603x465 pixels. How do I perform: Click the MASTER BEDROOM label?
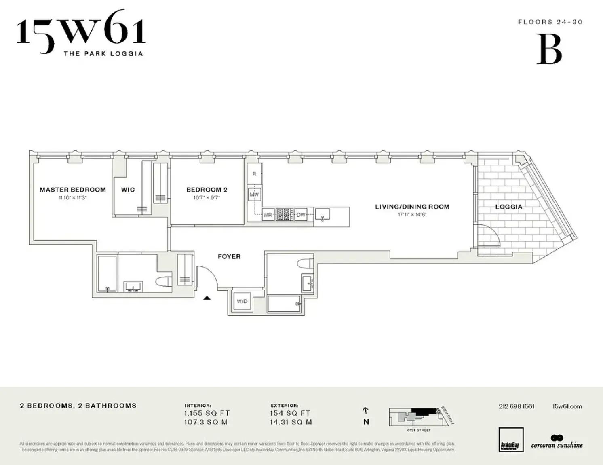pos(73,190)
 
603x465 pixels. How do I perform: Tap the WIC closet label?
pos(128,190)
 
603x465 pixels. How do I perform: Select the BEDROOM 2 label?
pos(207,190)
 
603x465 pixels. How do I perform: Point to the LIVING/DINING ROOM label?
pos(412,207)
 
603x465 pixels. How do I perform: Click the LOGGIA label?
pos(508,207)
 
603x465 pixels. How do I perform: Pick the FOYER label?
pos(229,256)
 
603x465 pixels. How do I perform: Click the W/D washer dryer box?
pos(242,301)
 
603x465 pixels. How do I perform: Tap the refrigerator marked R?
pos(254,174)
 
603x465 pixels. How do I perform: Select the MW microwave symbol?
pos(254,194)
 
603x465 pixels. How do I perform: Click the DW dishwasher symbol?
pos(301,215)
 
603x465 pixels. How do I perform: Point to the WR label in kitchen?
pos(268,215)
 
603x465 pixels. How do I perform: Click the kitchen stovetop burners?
pos(285,214)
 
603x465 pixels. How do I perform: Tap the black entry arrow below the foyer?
pos(207,298)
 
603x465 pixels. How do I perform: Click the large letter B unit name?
pos(549,49)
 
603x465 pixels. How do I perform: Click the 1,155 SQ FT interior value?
pos(207,413)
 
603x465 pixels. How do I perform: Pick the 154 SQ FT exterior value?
pos(290,413)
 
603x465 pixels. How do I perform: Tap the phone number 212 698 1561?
pos(517,406)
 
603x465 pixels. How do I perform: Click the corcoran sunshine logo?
pos(557,442)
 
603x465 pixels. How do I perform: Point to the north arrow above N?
pos(366,410)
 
